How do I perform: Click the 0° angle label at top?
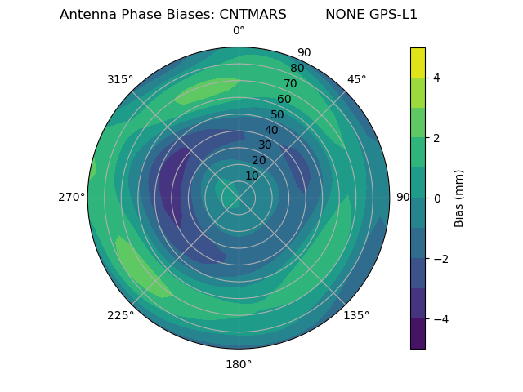pos(239,31)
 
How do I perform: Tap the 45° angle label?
pos(357,79)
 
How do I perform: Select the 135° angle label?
pos(356,315)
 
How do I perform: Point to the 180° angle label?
pos(239,364)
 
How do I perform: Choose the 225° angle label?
pos(120,315)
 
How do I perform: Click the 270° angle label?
pos(71,197)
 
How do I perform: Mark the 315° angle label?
pos(120,79)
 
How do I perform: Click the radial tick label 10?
pos(252,176)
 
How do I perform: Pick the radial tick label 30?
pos(265,145)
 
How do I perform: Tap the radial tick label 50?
pos(278,115)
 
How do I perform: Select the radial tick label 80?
pos(297,69)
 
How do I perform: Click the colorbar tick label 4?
pos(437,78)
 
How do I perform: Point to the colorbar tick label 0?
pos(437,198)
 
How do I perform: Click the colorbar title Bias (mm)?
pos(459,198)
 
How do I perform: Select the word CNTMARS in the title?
pos(253,15)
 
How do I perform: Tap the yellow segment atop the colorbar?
pos(418,62)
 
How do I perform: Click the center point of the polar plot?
pos(239,198)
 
